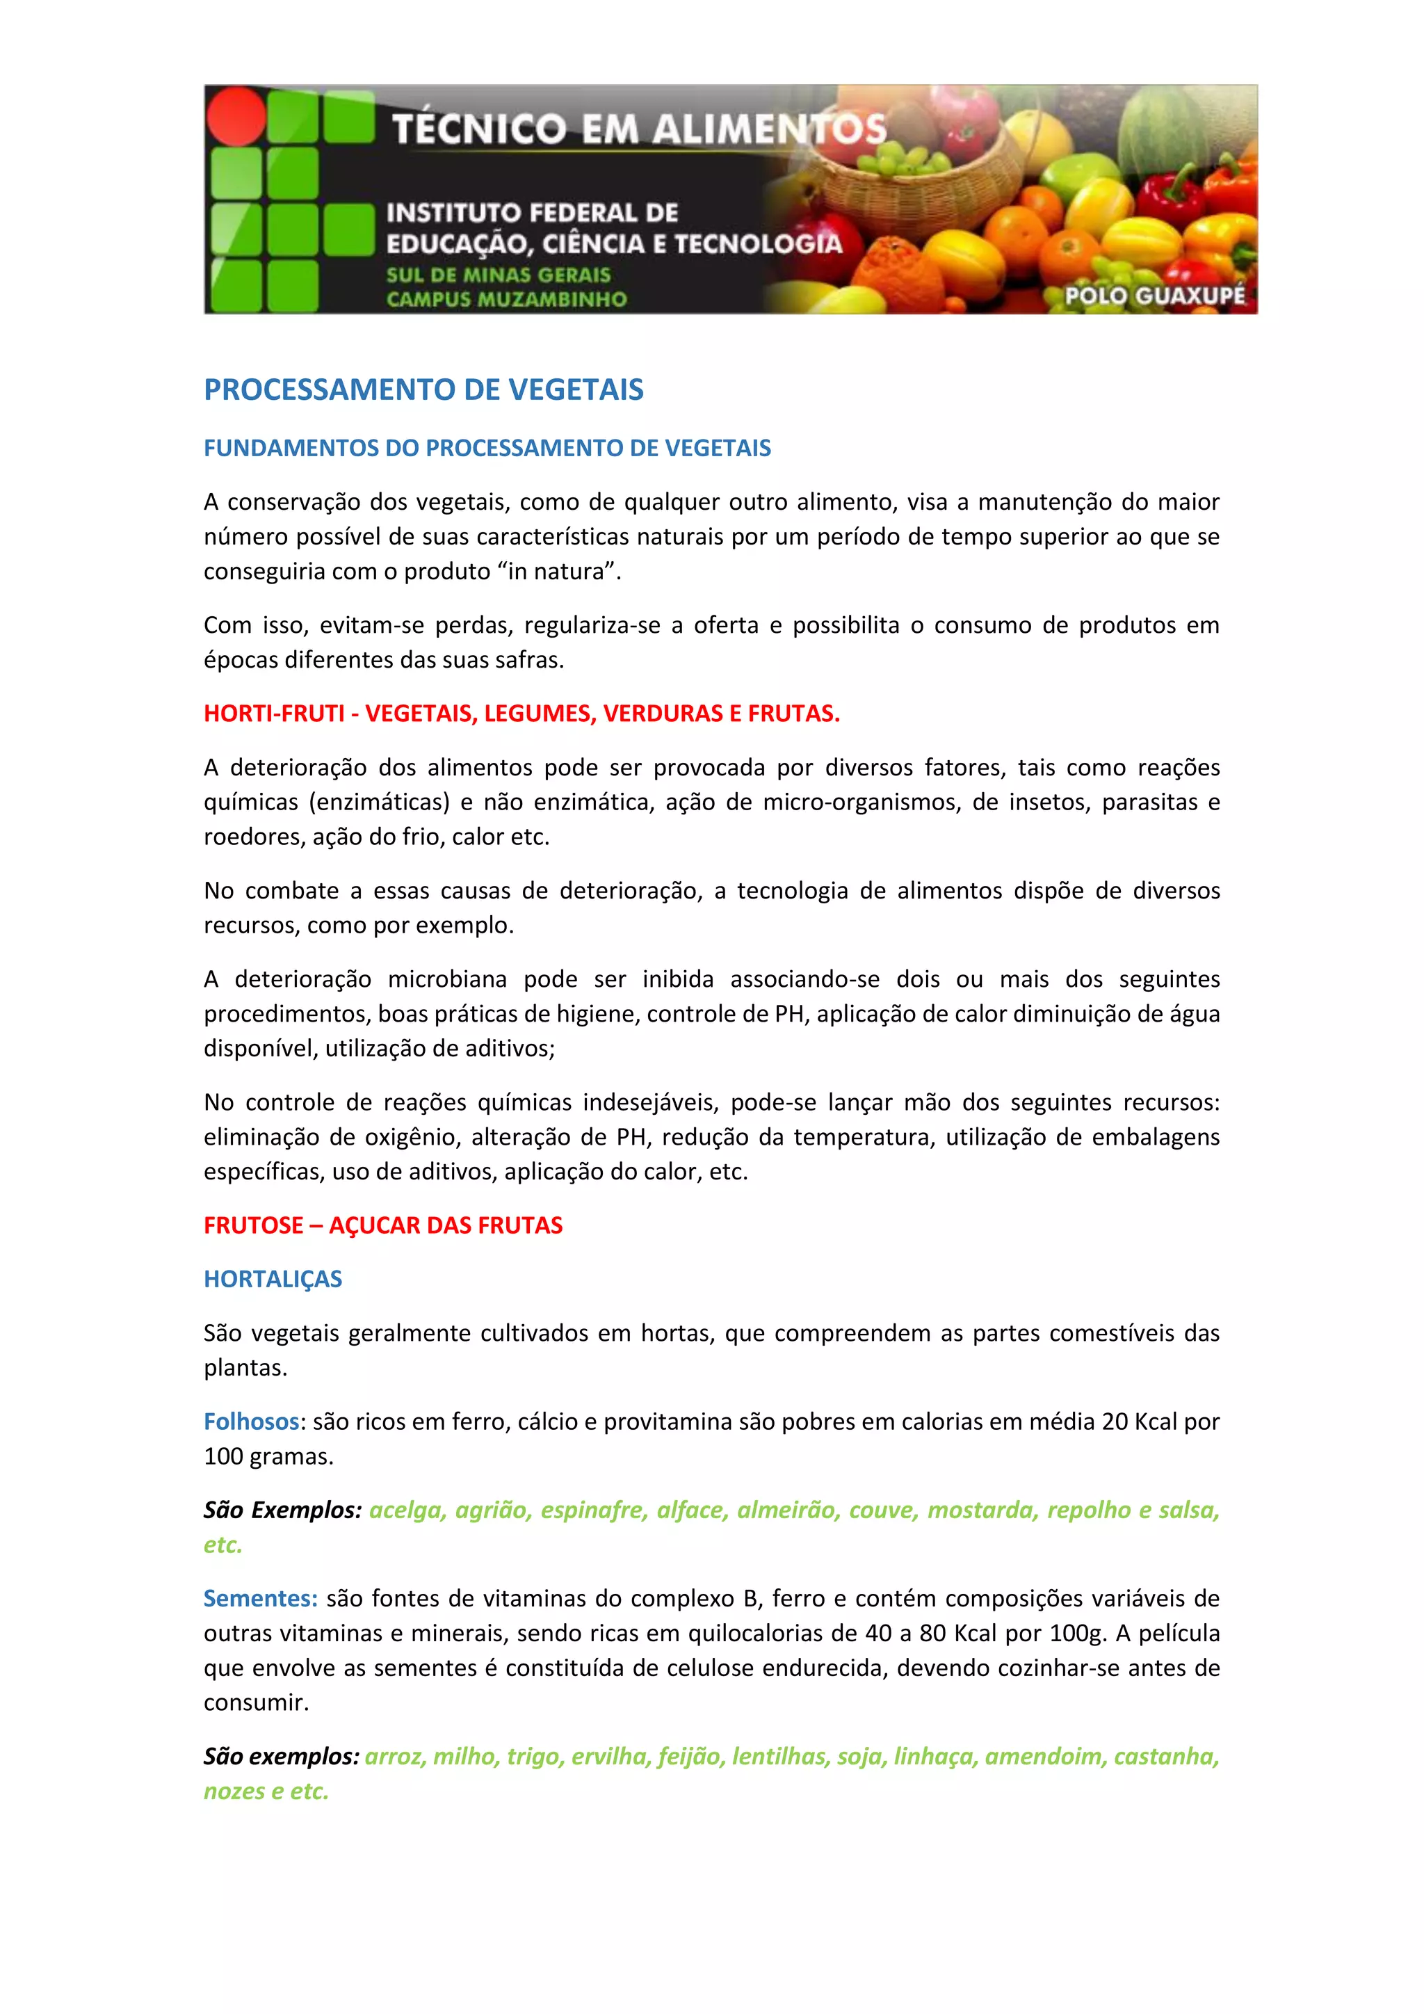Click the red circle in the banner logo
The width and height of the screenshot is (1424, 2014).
236,115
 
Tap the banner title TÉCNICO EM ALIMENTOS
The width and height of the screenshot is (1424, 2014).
638,130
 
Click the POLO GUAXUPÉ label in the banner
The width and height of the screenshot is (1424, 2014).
1155,296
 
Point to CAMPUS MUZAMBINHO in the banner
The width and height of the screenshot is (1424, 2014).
507,299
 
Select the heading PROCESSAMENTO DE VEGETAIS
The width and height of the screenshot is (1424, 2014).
423,389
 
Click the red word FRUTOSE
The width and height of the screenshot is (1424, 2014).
252,1225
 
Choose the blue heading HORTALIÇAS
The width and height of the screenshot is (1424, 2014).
273,1279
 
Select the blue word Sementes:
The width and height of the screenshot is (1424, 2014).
261,1598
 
